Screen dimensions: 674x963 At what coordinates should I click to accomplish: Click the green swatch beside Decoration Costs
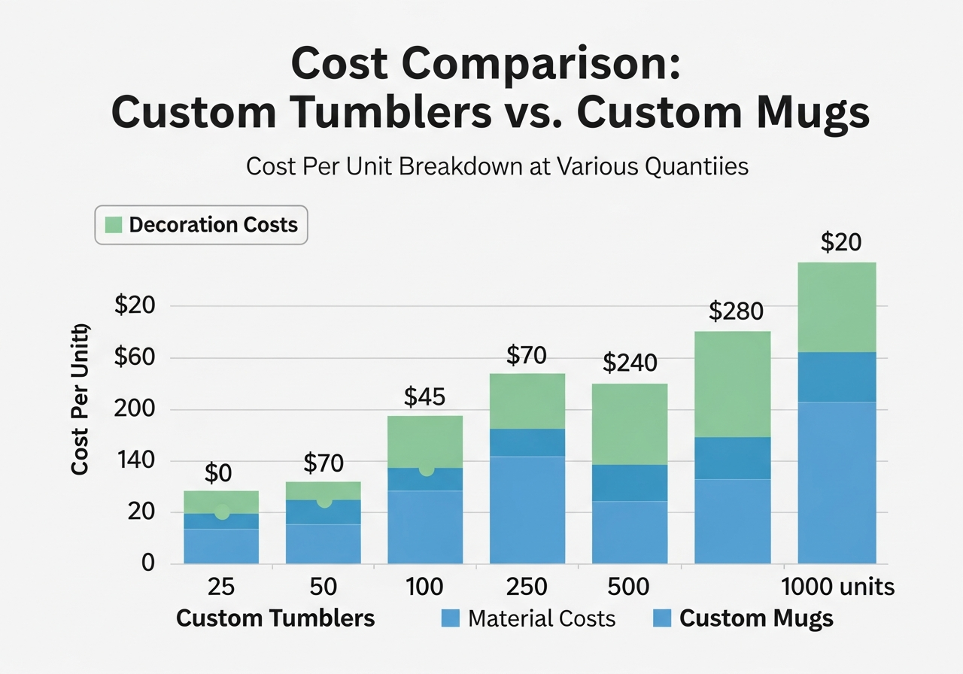(x=114, y=225)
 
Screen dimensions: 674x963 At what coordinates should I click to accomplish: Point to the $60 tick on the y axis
(x=134, y=358)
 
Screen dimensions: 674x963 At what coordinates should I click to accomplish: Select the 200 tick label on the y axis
(x=134, y=410)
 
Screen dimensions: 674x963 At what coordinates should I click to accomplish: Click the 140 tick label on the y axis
(x=134, y=461)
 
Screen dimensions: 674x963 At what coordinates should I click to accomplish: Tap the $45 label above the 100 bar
(x=424, y=396)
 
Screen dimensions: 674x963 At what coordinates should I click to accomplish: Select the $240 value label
(x=630, y=363)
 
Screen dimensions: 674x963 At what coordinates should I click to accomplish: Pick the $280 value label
(x=736, y=311)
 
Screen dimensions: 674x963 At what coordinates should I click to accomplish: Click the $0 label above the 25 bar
(x=218, y=473)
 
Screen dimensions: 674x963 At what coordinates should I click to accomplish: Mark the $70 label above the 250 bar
(x=527, y=354)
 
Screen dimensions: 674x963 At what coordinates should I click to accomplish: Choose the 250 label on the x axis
(x=527, y=587)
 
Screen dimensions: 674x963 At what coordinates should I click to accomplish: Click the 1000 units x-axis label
(x=837, y=587)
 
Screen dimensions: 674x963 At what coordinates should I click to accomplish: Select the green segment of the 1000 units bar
(x=837, y=307)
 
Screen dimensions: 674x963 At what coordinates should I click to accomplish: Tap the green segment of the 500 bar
(x=630, y=424)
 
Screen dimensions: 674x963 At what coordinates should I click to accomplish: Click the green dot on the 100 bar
(x=427, y=469)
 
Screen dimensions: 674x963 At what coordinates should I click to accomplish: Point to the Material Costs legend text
(x=541, y=619)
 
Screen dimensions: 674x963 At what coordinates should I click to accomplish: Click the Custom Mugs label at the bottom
(x=756, y=619)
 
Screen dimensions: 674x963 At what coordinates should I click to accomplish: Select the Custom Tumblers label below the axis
(x=275, y=619)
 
